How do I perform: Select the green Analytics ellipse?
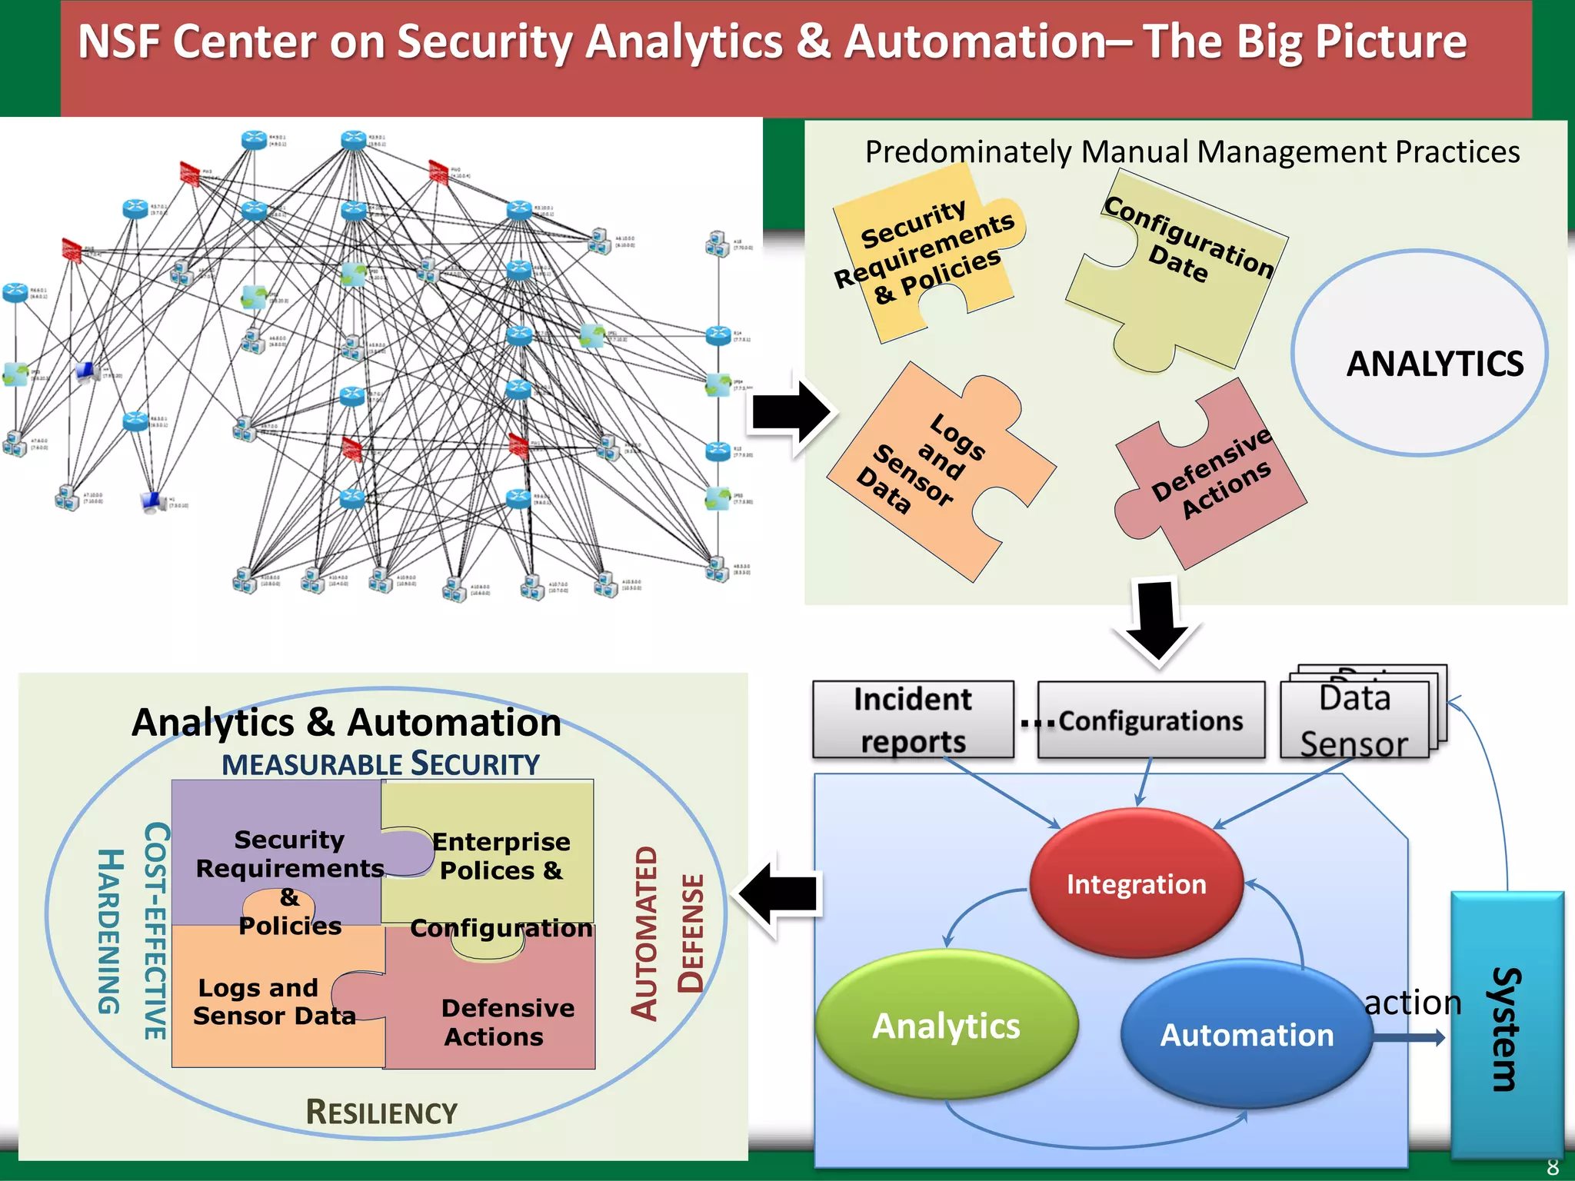[x=946, y=1025]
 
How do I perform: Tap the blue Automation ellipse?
[x=1246, y=1034]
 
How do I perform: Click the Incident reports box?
[x=913, y=720]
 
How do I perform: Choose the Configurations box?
[x=1150, y=720]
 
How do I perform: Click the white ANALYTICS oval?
[x=1419, y=354]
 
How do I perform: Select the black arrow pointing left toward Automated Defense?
[x=781, y=894]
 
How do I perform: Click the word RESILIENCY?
[x=381, y=1113]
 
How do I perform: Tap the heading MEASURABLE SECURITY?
[x=381, y=764]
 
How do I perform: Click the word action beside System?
[x=1412, y=1003]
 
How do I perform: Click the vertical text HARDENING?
[x=110, y=931]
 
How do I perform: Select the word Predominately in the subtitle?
[x=967, y=152]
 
